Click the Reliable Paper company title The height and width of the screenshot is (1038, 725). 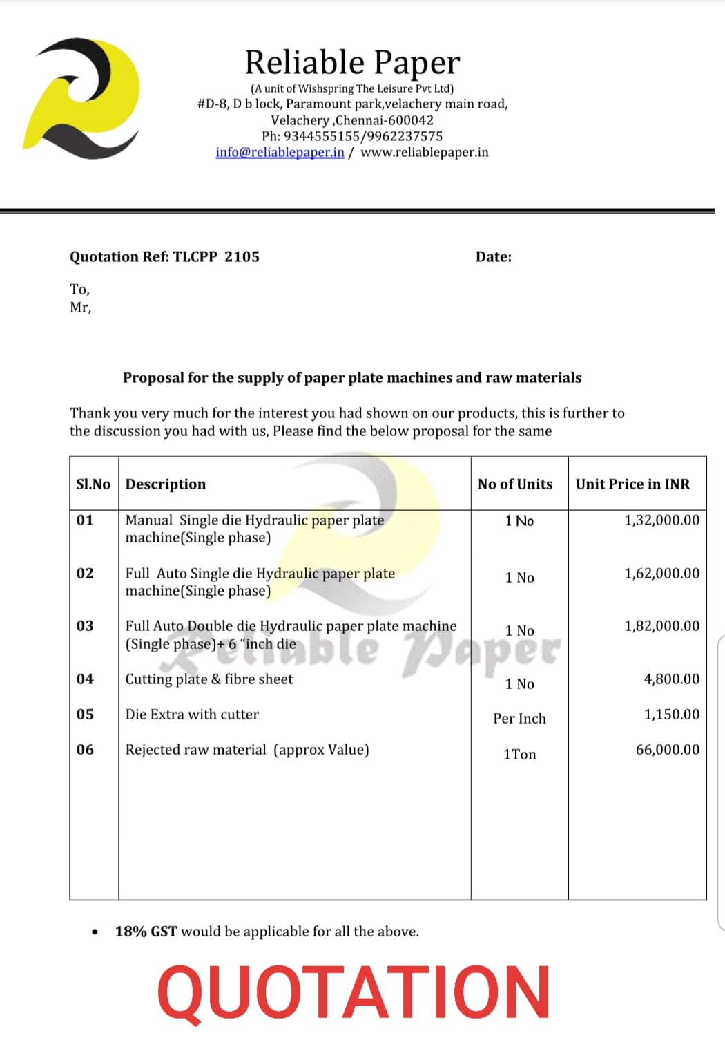tap(352, 62)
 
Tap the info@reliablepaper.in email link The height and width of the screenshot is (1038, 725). tap(280, 152)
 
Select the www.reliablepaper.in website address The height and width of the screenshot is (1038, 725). tap(424, 152)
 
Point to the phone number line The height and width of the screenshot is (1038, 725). tap(352, 136)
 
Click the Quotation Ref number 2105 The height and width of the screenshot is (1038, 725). tap(242, 256)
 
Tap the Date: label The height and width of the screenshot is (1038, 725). tap(494, 257)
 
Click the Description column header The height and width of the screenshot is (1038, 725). tap(166, 484)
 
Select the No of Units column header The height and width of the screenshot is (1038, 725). tap(515, 484)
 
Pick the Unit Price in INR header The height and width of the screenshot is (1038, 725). tap(632, 484)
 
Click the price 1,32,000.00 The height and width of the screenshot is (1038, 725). tap(661, 520)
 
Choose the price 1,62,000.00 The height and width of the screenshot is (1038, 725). tap(661, 573)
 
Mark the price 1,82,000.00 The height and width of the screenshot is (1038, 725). tap(661, 625)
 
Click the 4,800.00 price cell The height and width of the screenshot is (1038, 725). tap(671, 679)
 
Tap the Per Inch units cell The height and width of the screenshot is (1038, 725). tap(519, 719)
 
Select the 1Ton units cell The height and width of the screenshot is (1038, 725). tap(519, 754)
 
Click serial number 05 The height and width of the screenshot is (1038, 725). tap(85, 714)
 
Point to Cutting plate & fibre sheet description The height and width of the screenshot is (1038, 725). tap(209, 679)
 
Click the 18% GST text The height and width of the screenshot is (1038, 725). tap(146, 932)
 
